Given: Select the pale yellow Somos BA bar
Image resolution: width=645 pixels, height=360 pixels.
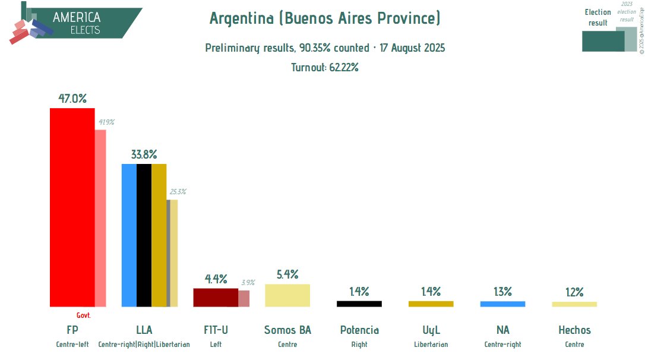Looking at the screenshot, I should click(x=287, y=295).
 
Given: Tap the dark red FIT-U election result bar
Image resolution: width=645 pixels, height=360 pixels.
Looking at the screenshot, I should click(x=216, y=298).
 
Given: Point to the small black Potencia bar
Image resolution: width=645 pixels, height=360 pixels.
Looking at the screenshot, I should click(x=359, y=304).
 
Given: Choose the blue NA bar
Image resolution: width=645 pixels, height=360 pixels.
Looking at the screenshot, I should click(x=502, y=304).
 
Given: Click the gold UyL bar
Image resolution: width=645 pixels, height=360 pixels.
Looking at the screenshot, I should click(x=431, y=304).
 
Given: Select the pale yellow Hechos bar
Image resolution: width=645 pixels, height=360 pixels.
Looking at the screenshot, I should click(x=574, y=304).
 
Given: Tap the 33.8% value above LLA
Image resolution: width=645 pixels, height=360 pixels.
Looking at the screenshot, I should click(x=144, y=154).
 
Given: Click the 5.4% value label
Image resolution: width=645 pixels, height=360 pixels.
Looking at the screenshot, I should click(x=287, y=274).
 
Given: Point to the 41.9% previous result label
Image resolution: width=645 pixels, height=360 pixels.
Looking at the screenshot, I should click(x=106, y=122).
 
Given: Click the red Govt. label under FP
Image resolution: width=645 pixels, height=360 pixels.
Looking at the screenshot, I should click(x=84, y=315).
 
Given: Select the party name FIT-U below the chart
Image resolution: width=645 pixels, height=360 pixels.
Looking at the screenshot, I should click(x=216, y=330).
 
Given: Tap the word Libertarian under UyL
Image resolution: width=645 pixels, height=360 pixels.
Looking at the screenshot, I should click(x=431, y=345).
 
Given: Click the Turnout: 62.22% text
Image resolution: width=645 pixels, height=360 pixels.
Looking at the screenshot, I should click(x=324, y=67).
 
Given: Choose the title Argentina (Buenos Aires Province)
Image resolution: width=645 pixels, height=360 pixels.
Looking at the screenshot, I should click(x=325, y=19).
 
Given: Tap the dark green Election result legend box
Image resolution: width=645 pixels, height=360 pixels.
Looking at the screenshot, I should click(x=603, y=41).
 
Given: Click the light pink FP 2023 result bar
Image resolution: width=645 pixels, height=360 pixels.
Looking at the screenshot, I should click(x=100, y=217).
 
